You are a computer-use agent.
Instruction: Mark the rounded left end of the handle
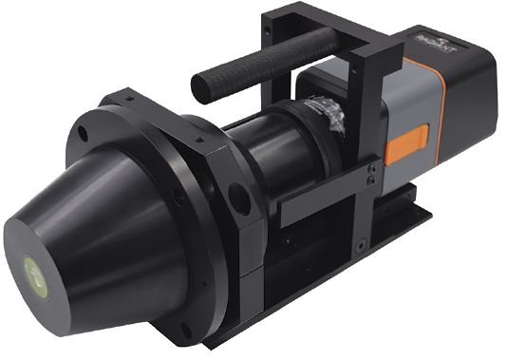[x=201, y=88]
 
